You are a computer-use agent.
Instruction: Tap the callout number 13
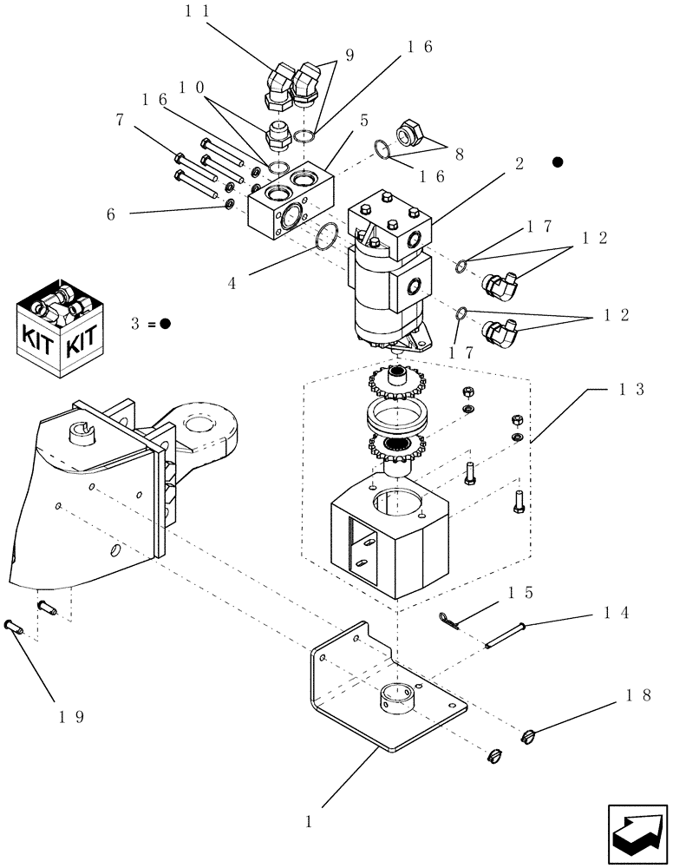(631, 391)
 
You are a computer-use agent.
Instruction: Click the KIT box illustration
(61, 327)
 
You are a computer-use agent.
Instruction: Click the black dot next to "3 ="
(165, 323)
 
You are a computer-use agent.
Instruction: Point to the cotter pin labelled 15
(448, 618)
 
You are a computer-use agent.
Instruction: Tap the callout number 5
(364, 121)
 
